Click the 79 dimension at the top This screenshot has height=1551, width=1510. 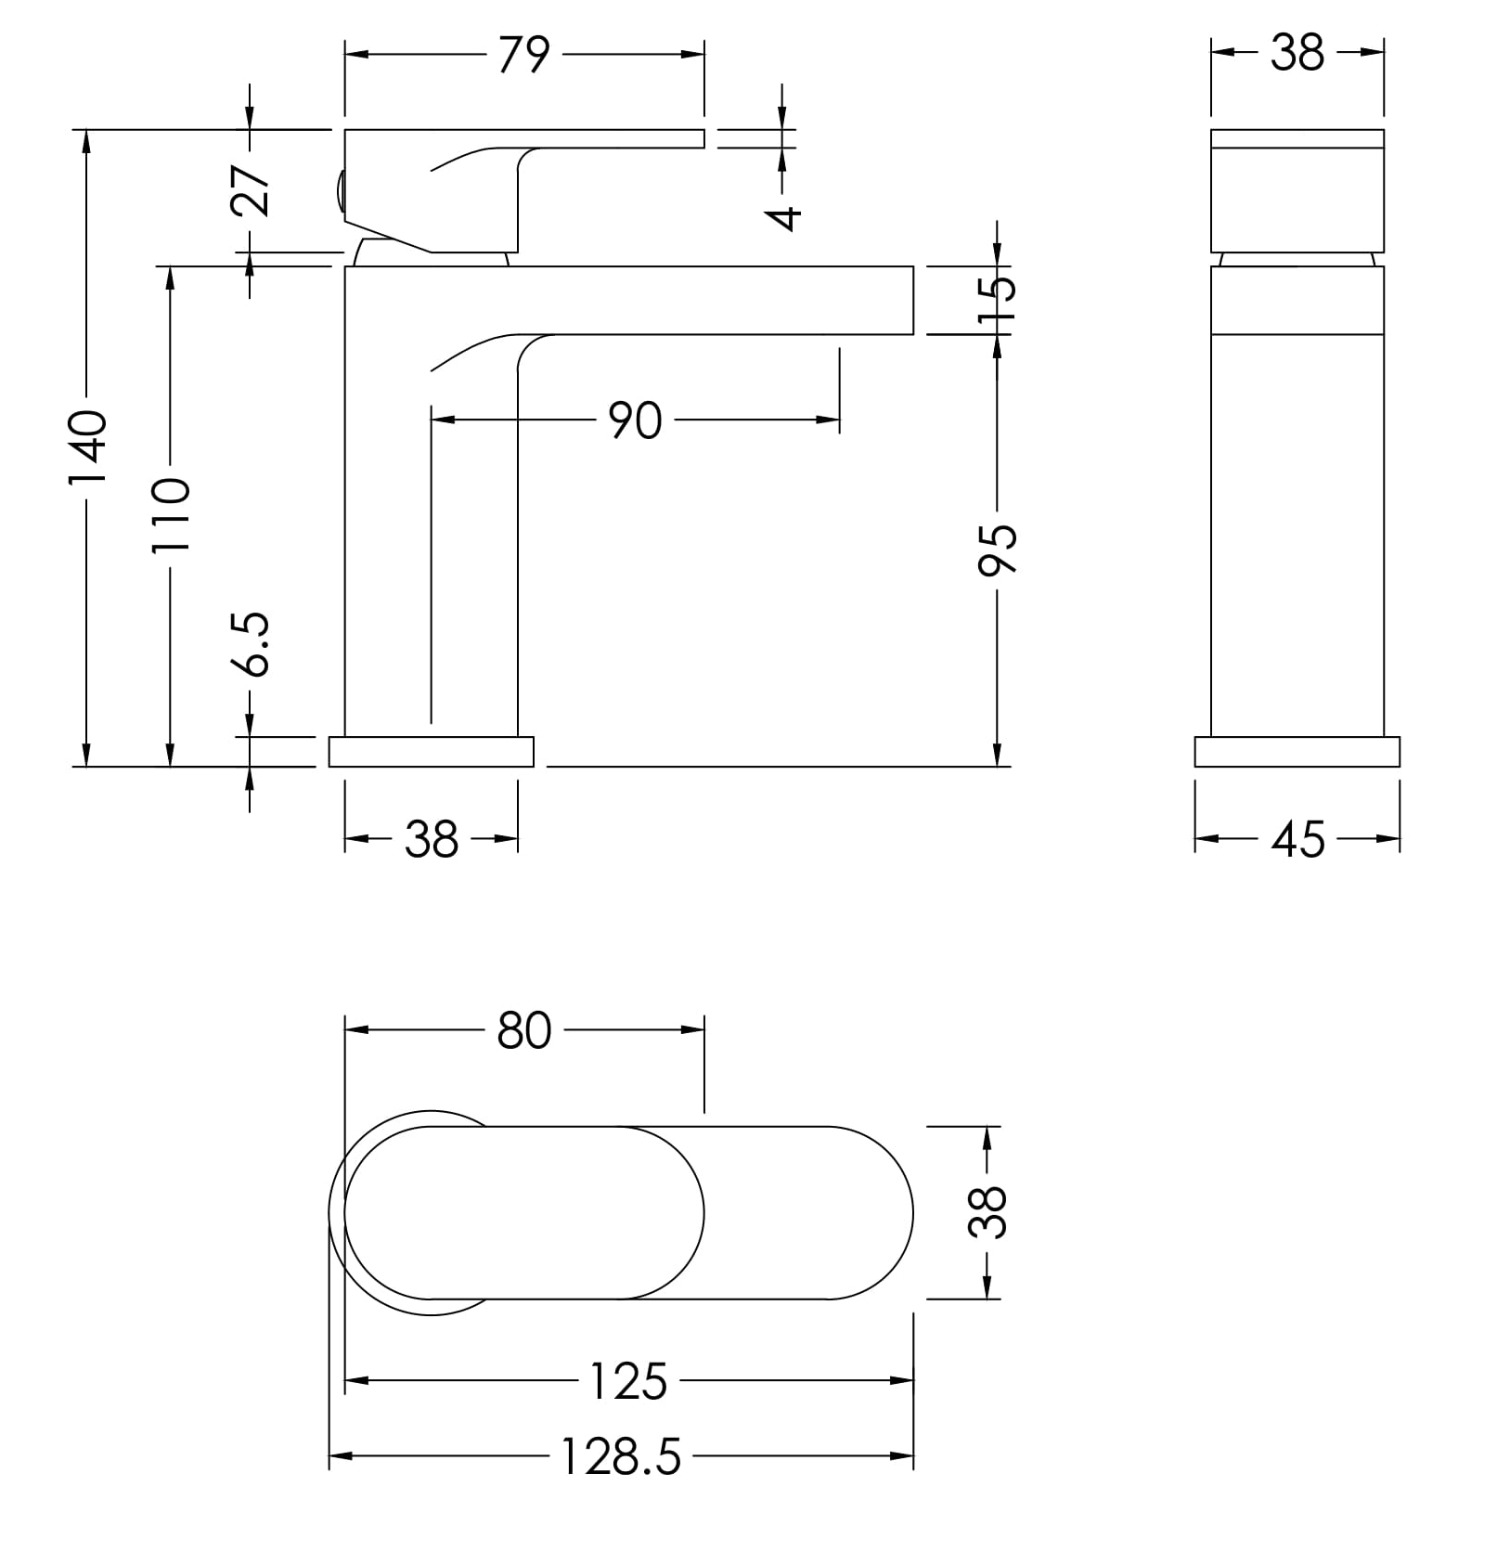coord(524,55)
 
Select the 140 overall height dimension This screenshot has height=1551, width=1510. coord(89,447)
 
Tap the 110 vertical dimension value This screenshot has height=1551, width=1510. coord(171,515)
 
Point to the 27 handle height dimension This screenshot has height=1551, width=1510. coord(251,190)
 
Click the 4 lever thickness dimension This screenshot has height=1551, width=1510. coord(784,217)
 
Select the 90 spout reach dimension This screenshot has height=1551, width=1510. coord(636,420)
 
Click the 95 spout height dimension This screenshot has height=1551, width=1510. coord(998,549)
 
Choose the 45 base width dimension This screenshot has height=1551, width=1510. coord(1298,840)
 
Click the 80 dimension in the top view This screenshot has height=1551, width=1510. coord(524,1030)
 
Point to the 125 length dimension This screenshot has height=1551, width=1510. coord(629,1381)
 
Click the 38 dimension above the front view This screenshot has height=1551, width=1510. coord(1297,54)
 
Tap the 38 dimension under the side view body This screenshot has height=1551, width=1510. coord(432,840)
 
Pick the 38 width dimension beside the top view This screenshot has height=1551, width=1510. coord(987,1212)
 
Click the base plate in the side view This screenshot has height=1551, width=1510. coord(432,752)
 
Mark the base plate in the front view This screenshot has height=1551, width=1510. coord(1297,752)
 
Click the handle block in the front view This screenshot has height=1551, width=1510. coord(1297,190)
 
